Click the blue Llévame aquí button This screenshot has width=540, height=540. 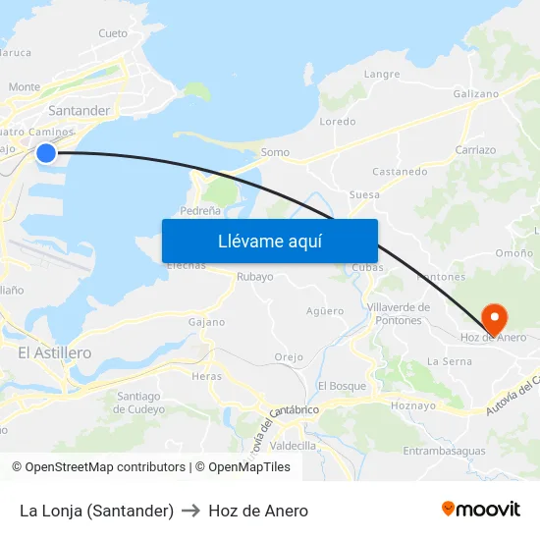269,241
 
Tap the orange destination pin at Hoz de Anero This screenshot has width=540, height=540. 494,316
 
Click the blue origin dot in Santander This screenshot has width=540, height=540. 46,152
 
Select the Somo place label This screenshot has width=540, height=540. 276,152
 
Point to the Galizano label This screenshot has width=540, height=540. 476,93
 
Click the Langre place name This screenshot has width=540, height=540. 382,74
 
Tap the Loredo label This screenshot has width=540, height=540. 338,122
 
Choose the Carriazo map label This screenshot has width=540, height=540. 475,150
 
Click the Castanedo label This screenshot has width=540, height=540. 400,172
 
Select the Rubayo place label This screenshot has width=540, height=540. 255,277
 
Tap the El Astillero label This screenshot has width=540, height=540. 55,352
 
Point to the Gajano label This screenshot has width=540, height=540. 206,322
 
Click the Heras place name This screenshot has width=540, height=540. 207,376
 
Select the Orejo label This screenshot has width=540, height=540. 289,357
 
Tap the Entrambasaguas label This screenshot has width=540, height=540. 444,451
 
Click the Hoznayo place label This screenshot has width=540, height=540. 412,405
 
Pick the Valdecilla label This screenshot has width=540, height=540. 293,445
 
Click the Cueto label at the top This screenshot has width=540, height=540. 113,33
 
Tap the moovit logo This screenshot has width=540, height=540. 481,510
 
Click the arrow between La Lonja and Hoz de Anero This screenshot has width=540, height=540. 191,511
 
